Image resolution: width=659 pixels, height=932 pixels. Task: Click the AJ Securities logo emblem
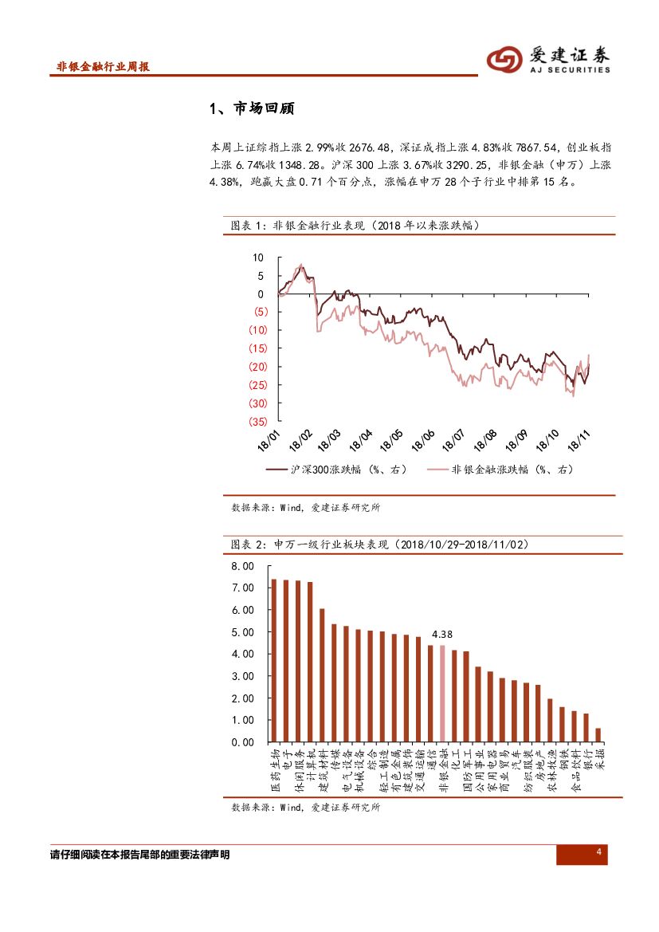(505, 58)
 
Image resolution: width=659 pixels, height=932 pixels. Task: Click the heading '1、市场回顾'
(251, 108)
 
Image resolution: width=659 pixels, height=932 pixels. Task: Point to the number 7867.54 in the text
(540, 147)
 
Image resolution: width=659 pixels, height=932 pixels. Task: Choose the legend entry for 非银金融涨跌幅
(500, 470)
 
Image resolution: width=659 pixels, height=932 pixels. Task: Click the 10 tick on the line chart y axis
(257, 258)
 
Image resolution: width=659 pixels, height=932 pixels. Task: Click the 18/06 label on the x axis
(423, 439)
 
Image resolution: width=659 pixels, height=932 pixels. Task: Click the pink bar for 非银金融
(442, 694)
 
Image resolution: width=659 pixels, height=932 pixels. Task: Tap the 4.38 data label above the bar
(442, 635)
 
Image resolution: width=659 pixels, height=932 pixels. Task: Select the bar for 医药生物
(273, 660)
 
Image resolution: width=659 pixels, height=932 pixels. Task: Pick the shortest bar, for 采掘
(598, 734)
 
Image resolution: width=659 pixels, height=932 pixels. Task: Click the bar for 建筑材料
(322, 675)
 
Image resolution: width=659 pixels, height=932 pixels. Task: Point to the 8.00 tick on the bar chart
(241, 565)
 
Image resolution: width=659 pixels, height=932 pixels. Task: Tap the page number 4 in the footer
(598, 854)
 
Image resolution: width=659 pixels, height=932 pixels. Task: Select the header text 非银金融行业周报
(104, 67)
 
